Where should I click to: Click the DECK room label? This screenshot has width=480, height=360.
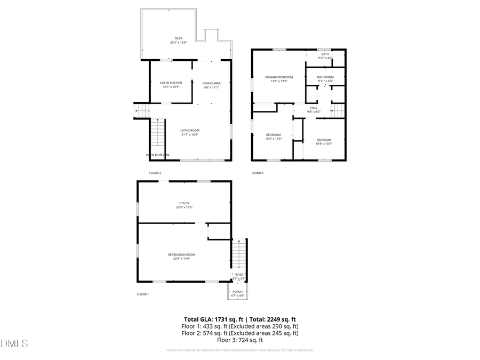pos(178,38)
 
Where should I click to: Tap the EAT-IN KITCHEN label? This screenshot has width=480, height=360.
pos(171,83)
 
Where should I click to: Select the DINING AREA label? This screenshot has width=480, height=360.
pos(211,83)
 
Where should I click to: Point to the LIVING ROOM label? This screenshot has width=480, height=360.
pos(189,130)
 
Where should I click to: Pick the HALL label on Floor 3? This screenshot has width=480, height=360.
pos(314,108)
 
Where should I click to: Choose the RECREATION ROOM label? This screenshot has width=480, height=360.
pos(181,254)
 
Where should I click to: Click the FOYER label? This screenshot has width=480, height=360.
pos(239,275)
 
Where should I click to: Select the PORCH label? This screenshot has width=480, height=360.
pos(238,292)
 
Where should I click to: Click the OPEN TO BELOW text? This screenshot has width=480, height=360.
pos(157,155)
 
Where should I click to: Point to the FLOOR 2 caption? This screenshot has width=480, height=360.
pos(155,173)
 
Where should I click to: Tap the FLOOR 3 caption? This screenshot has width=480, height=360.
pos(257,173)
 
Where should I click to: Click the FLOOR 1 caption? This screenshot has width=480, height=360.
pos(143,294)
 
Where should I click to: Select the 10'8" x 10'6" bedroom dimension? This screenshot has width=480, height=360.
pos(324,143)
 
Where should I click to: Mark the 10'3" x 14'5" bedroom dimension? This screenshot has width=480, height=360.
pos(273,139)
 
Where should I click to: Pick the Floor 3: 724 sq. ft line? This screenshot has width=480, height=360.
pos(240,340)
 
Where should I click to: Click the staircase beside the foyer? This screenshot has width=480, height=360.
pos(239,253)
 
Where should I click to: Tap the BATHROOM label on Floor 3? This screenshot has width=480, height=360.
pos(325,77)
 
